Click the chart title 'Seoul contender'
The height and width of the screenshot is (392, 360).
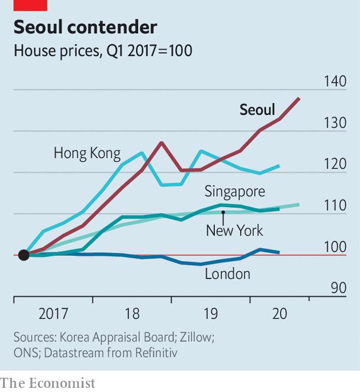(x=85, y=27)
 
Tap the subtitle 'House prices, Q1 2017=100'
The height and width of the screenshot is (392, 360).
(x=103, y=51)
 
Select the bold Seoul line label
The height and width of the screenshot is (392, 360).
(x=257, y=110)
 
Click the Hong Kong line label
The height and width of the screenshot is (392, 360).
(x=87, y=153)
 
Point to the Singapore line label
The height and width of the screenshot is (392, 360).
(x=234, y=191)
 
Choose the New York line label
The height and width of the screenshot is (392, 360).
(x=234, y=230)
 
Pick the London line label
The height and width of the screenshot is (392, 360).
(x=227, y=274)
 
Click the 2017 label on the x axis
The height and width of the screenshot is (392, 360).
(x=53, y=313)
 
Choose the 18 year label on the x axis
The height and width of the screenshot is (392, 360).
(x=132, y=313)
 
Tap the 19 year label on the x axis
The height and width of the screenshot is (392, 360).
(x=211, y=313)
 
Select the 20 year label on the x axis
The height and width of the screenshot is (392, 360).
(x=279, y=313)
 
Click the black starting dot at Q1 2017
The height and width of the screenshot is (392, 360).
(x=24, y=255)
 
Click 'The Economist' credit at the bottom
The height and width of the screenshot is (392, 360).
(x=47, y=383)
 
